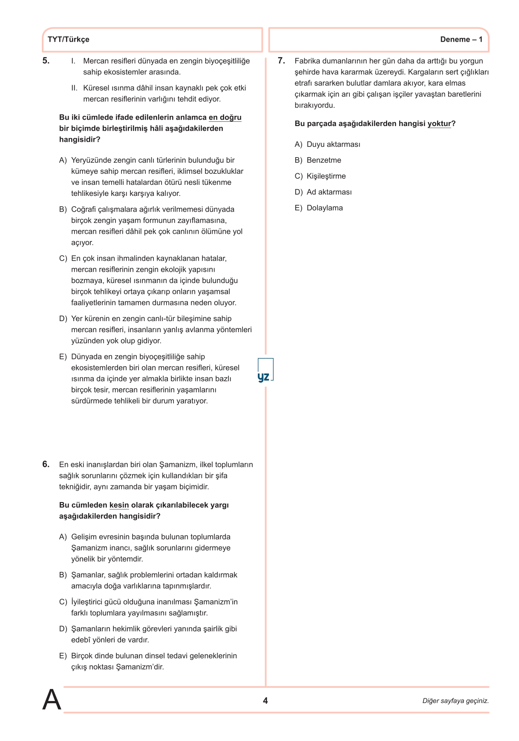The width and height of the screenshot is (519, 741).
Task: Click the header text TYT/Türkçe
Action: point(68,40)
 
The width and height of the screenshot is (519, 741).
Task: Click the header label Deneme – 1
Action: point(461,40)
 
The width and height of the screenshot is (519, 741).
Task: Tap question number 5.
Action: point(46,61)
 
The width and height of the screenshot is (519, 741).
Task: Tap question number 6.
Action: point(46,464)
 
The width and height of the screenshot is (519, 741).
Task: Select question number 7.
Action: point(281,61)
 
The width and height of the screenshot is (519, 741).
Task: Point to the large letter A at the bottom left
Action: point(52,700)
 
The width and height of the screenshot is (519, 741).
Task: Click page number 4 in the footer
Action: point(265,701)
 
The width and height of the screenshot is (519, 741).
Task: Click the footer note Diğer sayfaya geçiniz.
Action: point(456,701)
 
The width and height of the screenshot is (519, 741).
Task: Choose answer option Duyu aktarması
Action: point(333,144)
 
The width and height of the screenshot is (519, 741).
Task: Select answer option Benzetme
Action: point(324,160)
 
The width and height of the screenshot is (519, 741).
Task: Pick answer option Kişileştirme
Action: point(326,176)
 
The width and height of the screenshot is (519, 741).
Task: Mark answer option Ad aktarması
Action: point(329,192)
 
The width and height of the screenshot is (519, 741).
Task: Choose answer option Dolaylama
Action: point(325,208)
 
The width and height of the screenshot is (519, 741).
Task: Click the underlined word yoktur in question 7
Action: point(439,123)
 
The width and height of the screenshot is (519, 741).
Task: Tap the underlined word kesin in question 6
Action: point(119,505)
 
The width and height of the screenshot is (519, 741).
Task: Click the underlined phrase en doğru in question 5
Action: point(225,118)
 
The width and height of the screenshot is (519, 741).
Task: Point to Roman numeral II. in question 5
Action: point(75,88)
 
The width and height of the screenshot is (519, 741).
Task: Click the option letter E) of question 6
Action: point(63,656)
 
